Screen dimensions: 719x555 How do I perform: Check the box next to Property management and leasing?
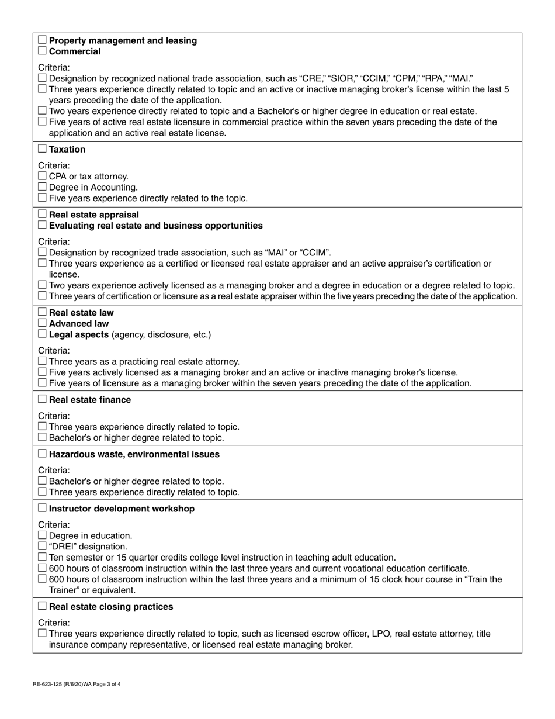coord(42,40)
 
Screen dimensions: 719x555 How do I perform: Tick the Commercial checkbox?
coord(42,51)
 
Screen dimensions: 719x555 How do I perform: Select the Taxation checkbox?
coord(42,150)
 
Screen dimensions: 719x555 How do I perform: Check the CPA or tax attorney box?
coord(42,177)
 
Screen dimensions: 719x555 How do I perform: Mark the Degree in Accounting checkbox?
coord(42,188)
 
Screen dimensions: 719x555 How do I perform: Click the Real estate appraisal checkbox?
coord(42,215)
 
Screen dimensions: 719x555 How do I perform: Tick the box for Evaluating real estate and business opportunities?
coord(42,226)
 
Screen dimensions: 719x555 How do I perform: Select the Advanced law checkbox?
coord(42,324)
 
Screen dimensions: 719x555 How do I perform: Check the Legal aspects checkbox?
coord(42,334)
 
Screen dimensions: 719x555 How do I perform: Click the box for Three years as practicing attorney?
coord(42,362)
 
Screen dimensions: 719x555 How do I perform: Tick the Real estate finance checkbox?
coord(42,400)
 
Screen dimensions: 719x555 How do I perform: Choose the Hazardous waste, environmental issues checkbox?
coord(42,454)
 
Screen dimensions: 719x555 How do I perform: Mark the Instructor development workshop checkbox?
coord(42,509)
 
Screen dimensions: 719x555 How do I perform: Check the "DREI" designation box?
coord(42,547)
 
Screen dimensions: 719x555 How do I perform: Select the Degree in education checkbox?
coord(42,535)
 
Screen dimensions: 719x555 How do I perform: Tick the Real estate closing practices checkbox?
coord(42,607)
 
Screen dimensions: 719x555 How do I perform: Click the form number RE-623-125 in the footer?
coord(56,683)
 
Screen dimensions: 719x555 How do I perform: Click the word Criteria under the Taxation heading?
coord(54,165)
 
